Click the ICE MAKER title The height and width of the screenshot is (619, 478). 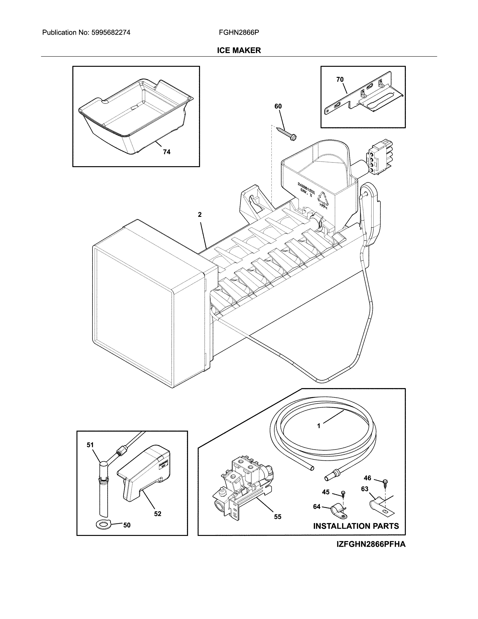pos(239,50)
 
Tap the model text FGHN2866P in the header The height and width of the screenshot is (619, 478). pos(239,33)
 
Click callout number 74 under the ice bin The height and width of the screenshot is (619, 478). pos(166,152)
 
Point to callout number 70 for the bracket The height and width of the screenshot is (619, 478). pos(340,80)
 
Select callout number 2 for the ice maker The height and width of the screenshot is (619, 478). pos(200,215)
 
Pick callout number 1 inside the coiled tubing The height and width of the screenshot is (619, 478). pos(318,434)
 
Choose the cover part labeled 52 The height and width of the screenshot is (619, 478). pos(144,470)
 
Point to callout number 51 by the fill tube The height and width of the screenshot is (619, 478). pos(90,445)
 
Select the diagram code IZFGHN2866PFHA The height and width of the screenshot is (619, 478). pos(371,545)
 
